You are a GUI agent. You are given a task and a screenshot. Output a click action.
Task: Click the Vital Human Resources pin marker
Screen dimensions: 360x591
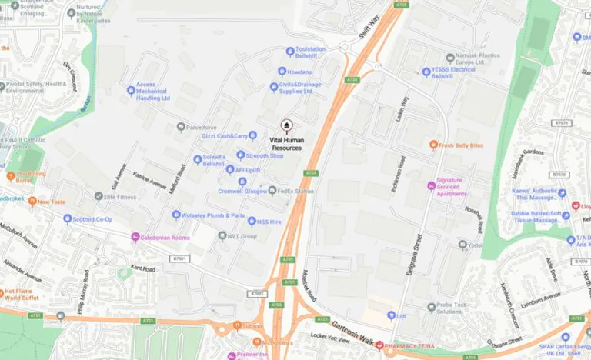click(287, 125)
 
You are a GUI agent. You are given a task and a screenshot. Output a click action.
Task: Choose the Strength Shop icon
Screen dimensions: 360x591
click(241, 155)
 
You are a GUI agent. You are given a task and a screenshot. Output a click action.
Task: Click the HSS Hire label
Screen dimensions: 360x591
click(269, 222)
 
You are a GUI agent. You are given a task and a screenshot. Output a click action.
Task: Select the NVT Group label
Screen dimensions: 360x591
click(242, 236)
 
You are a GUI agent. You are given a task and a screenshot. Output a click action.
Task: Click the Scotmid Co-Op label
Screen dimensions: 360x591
click(92, 220)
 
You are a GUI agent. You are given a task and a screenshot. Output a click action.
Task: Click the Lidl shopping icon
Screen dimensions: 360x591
click(392, 316)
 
